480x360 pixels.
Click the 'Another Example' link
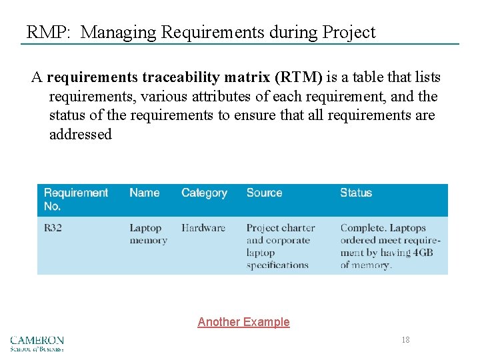[243, 322]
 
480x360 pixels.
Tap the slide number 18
[405, 340]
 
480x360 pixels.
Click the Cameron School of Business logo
[37, 343]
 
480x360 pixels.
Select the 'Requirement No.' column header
[75, 199]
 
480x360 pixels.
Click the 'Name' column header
[144, 193]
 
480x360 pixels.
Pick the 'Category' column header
[204, 193]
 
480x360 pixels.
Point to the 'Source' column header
[264, 193]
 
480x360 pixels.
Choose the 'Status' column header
[355, 193]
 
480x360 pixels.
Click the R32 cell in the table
[53, 228]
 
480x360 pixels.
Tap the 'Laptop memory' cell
[148, 234]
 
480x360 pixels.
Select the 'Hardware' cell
[203, 228]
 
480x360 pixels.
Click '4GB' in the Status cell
[423, 253]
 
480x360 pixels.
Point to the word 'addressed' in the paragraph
[81, 134]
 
